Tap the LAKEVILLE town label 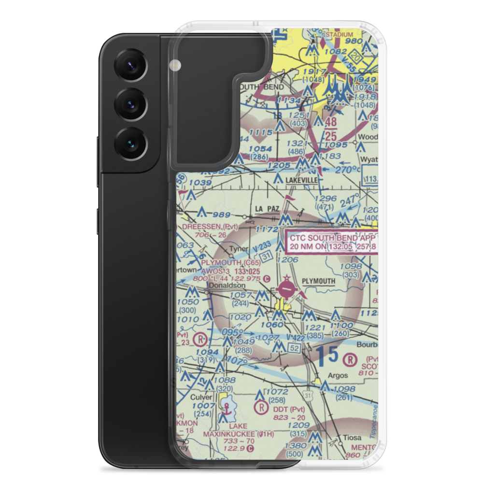[301, 180]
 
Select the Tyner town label [239, 249]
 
